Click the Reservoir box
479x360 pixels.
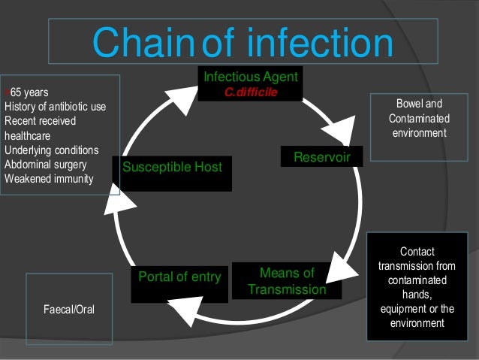tap(321, 156)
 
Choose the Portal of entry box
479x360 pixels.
tap(179, 277)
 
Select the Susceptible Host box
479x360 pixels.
tap(172, 167)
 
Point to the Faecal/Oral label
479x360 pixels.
tap(68, 310)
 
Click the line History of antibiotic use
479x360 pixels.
tap(55, 107)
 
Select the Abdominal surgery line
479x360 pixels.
tap(45, 164)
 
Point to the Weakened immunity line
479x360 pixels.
tap(49, 178)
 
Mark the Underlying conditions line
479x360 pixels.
tap(51, 150)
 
